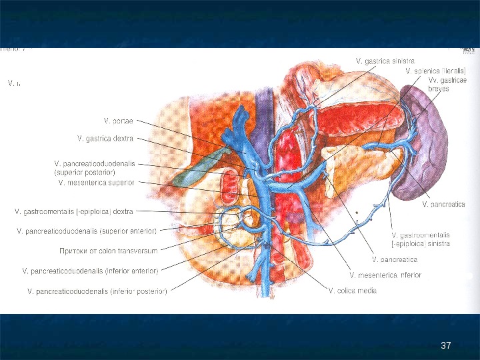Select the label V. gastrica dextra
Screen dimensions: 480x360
pyautogui.click(x=105, y=139)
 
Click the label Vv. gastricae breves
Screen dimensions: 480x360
pyautogui.click(x=443, y=84)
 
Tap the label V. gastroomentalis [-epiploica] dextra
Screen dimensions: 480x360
pyautogui.click(x=74, y=211)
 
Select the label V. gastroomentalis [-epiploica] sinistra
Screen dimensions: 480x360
pyautogui.click(x=421, y=239)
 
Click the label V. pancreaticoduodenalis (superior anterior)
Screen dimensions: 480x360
pyautogui.click(x=86, y=231)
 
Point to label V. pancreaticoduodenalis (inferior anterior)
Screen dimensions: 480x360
pyautogui.click(x=90, y=271)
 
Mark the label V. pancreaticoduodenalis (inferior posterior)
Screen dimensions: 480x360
pyautogui.click(x=97, y=291)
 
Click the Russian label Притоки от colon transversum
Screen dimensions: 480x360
pyautogui.click(x=108, y=251)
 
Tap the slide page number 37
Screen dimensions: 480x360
pyautogui.click(x=447, y=345)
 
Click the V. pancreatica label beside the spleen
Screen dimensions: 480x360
pyautogui.click(x=444, y=203)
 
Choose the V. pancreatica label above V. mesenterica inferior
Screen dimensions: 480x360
pyautogui.click(x=394, y=258)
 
